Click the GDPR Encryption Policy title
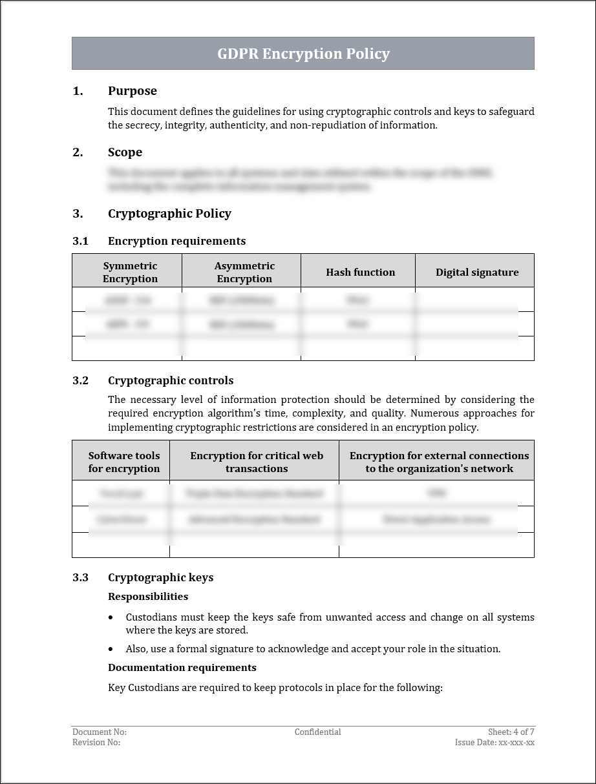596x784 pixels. click(303, 54)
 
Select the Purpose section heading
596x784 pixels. click(132, 91)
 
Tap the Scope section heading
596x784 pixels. click(125, 152)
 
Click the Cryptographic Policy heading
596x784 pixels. click(169, 214)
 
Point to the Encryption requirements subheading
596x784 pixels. click(176, 241)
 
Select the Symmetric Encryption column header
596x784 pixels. click(130, 273)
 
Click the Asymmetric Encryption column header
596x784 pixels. click(244, 273)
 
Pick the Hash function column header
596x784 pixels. click(360, 273)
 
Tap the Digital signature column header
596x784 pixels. click(477, 273)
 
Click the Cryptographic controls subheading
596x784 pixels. click(171, 380)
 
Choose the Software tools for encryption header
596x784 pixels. click(124, 462)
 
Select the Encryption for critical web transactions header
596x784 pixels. click(257, 462)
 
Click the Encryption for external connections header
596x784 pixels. click(439, 462)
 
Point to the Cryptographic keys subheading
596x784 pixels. click(160, 577)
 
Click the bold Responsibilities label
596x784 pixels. click(148, 597)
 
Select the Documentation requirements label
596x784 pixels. click(182, 668)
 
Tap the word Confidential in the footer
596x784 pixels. click(317, 732)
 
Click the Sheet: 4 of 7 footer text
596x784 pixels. click(511, 732)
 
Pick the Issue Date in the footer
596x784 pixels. click(495, 743)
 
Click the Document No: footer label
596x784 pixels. click(100, 732)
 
